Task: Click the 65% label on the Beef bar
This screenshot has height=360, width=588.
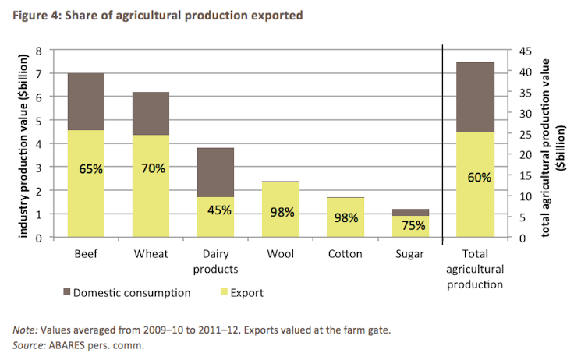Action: [91, 168]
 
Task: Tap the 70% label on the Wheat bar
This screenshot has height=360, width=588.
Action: [152, 168]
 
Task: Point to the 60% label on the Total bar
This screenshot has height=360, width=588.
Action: [479, 177]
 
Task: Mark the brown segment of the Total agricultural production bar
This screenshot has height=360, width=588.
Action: [479, 97]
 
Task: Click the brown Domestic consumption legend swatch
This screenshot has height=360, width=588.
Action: [65, 294]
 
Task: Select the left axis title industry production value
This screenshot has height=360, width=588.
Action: [22, 143]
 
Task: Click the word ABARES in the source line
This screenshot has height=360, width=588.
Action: [69, 344]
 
